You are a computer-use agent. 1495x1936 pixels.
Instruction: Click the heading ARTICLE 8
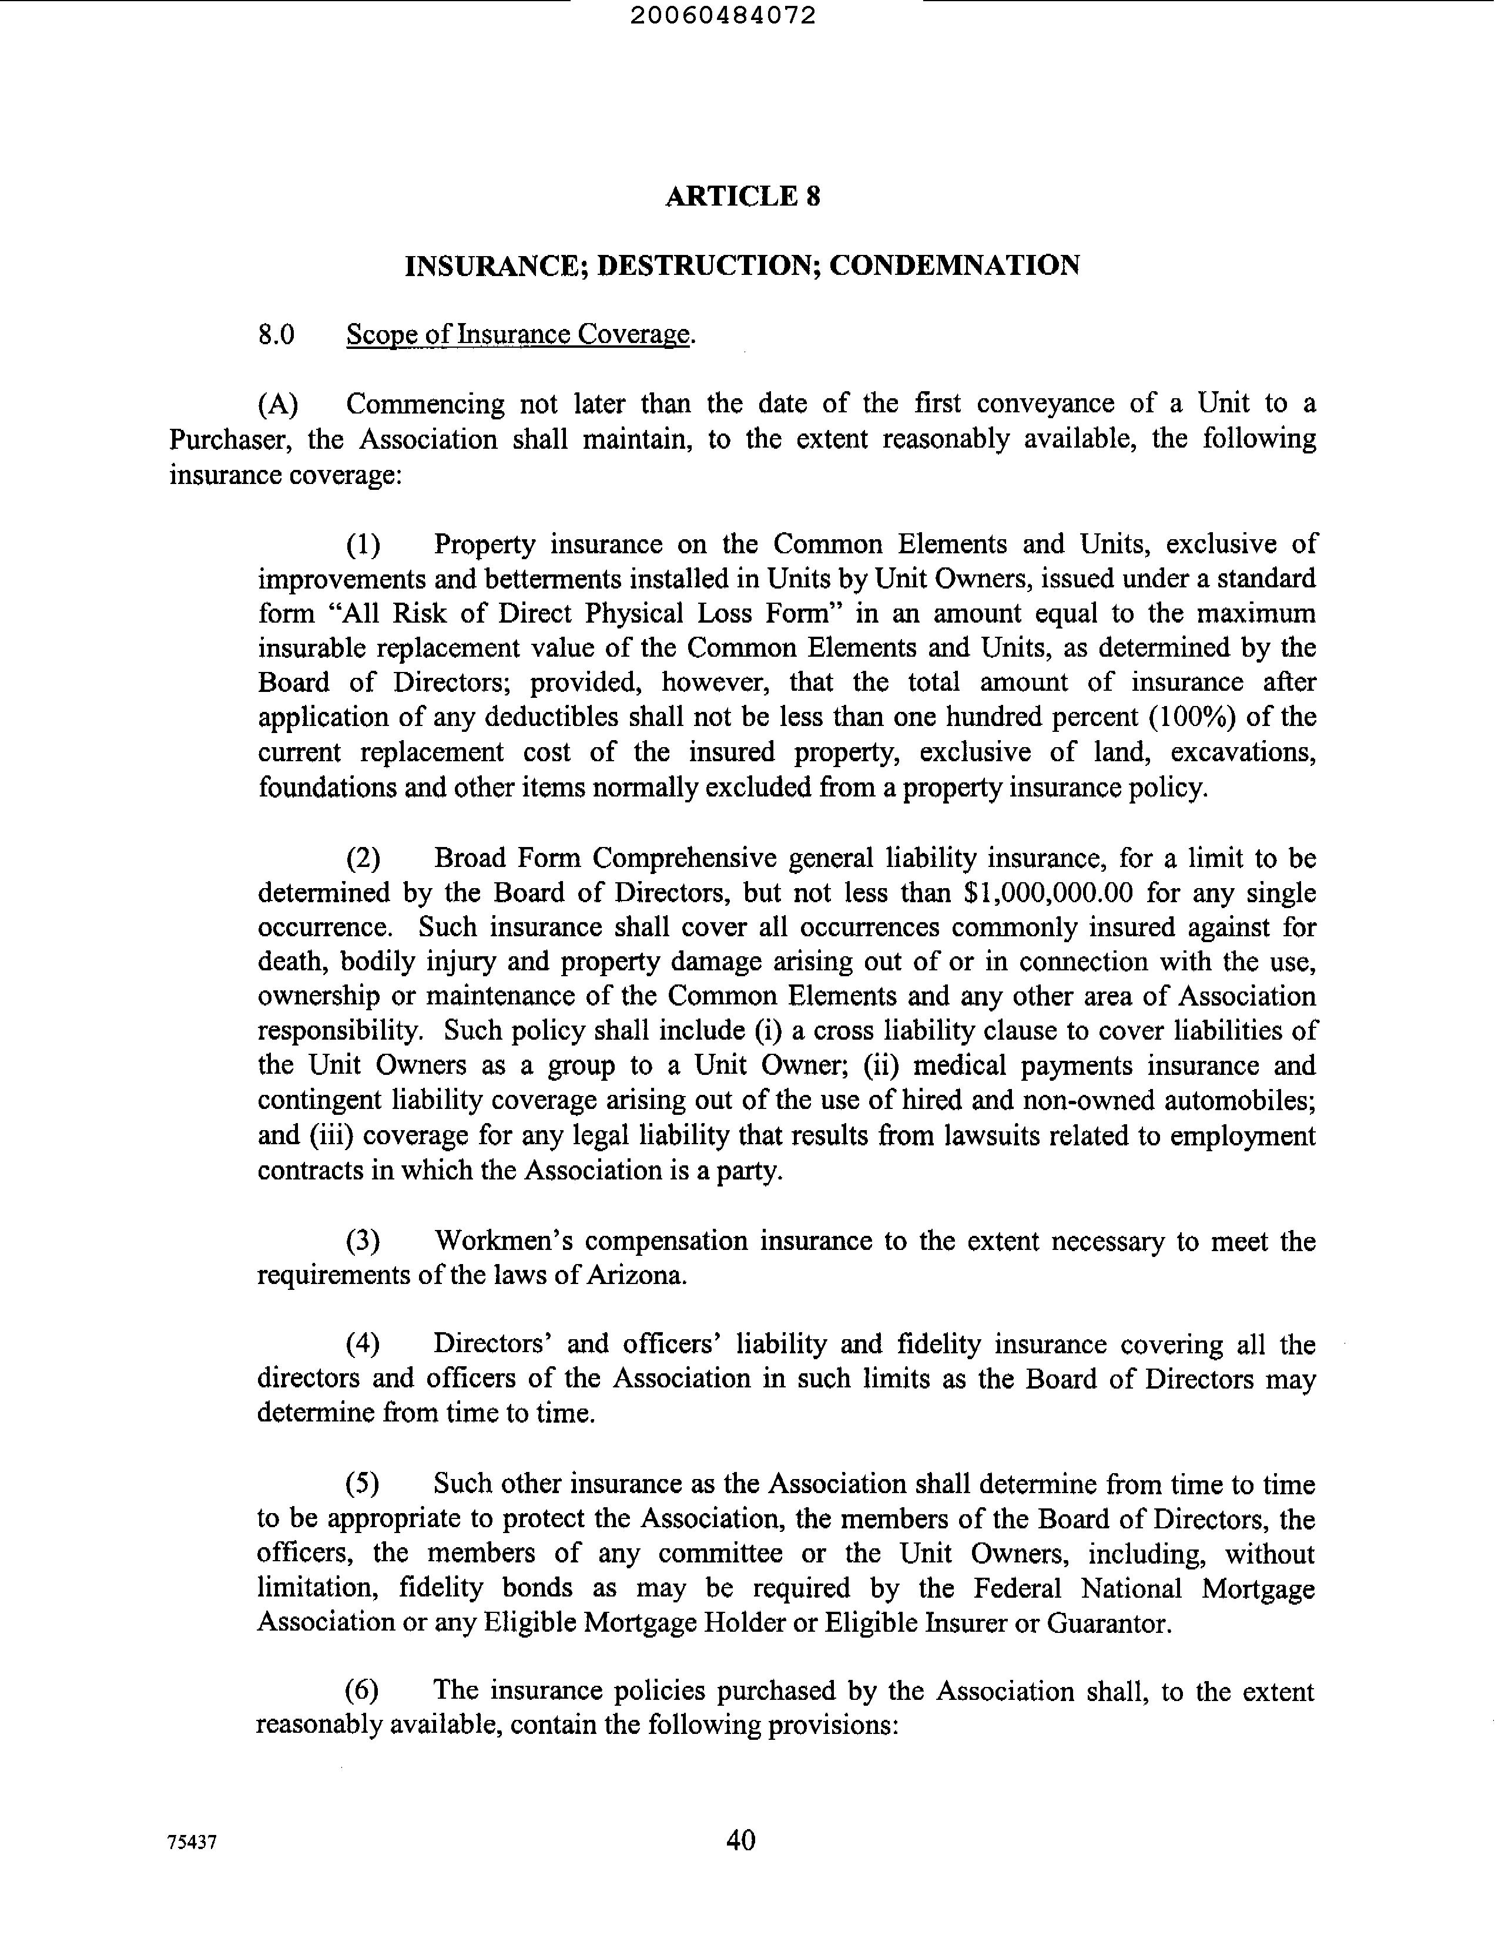743,196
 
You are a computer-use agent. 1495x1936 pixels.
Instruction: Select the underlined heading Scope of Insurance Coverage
518,334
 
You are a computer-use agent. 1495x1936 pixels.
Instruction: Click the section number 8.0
276,334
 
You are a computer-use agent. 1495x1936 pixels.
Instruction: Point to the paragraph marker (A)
277,404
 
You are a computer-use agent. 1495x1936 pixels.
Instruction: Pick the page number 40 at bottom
740,1840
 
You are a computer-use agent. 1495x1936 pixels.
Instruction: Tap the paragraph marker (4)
363,1345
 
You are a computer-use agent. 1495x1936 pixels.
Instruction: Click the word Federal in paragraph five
1017,1588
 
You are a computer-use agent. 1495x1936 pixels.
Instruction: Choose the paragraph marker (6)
362,1690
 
